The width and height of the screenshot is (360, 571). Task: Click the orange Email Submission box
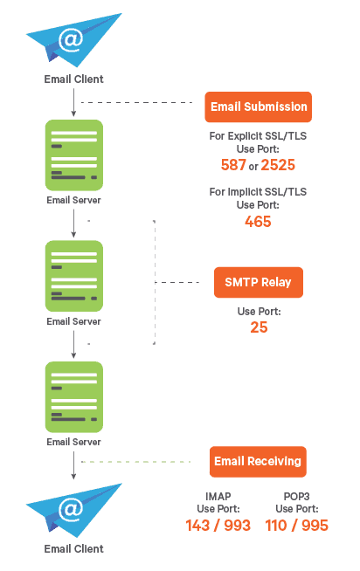tap(258, 107)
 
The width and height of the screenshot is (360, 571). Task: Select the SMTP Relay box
tap(259, 282)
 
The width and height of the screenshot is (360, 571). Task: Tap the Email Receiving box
tap(258, 461)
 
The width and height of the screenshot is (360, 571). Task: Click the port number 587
tap(233, 165)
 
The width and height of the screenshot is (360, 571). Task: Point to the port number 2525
tap(278, 165)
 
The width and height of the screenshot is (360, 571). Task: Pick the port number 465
tap(258, 222)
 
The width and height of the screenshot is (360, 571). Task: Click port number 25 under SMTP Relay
tap(259, 327)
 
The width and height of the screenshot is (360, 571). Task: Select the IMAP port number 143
tap(197, 525)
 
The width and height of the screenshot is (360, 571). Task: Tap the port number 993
tap(237, 525)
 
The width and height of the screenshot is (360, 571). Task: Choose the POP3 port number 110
tap(276, 525)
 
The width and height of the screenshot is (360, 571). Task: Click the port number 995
tap(315, 525)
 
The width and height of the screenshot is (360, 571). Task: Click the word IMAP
tap(218, 496)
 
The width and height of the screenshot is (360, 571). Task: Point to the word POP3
tap(296, 496)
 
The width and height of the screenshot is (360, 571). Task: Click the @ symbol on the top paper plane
tap(71, 39)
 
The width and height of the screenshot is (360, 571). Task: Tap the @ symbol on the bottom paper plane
tap(71, 510)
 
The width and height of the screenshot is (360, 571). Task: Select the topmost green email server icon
tap(74, 155)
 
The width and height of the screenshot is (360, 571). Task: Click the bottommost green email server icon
tap(74, 397)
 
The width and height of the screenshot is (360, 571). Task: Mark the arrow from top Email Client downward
tap(73, 102)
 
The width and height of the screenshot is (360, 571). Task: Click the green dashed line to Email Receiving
tap(136, 462)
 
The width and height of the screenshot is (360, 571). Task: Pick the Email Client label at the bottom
tap(73, 549)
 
